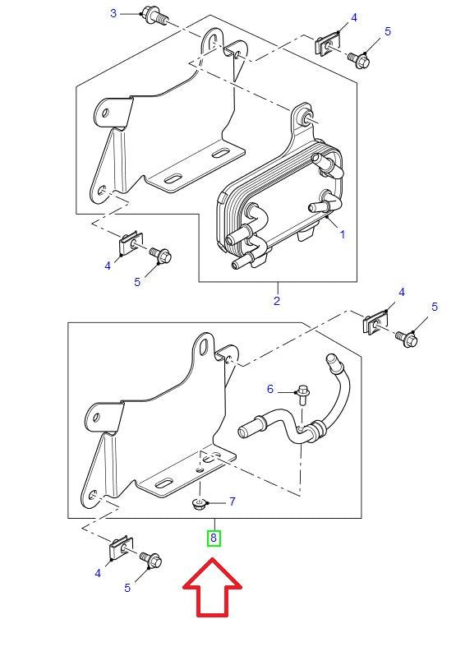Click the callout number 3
tap(113, 13)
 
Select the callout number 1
tap(342, 234)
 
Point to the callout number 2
tap(277, 301)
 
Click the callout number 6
tap(269, 388)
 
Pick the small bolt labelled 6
tap(302, 392)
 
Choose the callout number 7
tap(232, 501)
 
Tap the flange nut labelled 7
tap(199, 501)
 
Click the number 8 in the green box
tap(214, 538)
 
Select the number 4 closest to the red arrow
tap(98, 573)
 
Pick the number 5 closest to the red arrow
tap(127, 588)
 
